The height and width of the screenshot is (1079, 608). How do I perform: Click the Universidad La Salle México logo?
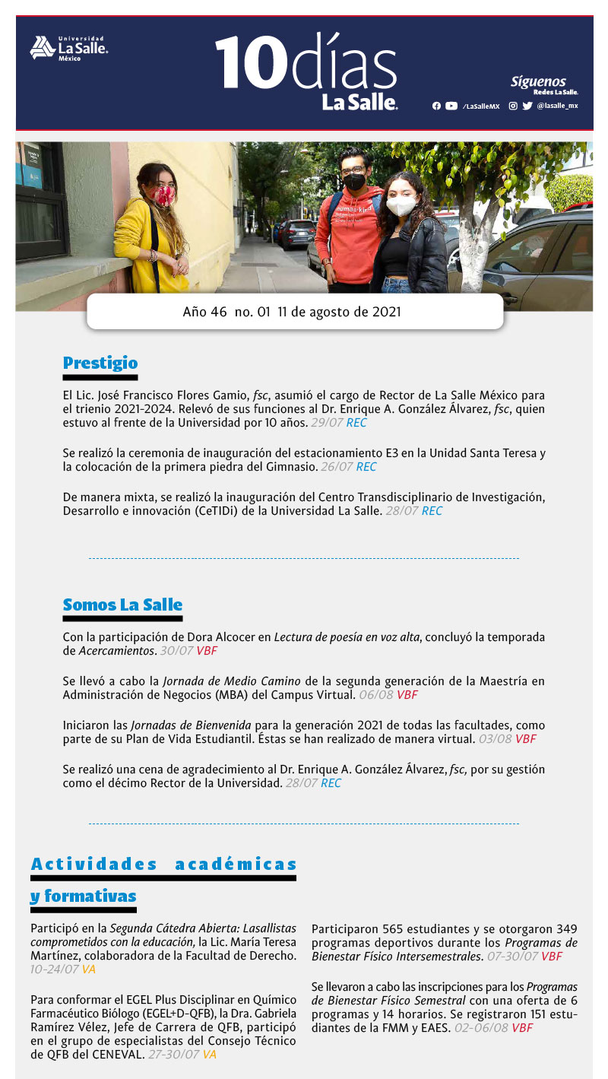[x=68, y=48]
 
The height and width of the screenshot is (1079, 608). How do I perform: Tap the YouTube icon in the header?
[x=451, y=106]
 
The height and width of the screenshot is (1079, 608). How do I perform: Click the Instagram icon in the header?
[x=513, y=106]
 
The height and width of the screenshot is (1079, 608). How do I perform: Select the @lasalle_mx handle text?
[x=557, y=106]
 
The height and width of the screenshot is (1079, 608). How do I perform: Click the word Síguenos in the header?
[x=538, y=81]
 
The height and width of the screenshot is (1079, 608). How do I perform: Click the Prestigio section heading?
[x=100, y=363]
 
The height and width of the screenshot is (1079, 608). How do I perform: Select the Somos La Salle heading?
[x=122, y=605]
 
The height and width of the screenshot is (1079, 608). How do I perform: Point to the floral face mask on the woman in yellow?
[x=163, y=195]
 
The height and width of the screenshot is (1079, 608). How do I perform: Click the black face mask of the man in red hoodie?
[x=353, y=183]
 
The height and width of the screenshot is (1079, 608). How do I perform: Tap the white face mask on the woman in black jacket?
[x=400, y=206]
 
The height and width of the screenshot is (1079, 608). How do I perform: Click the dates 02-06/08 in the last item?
[x=481, y=1028]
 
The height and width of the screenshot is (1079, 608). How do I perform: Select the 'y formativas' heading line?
[x=84, y=897]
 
